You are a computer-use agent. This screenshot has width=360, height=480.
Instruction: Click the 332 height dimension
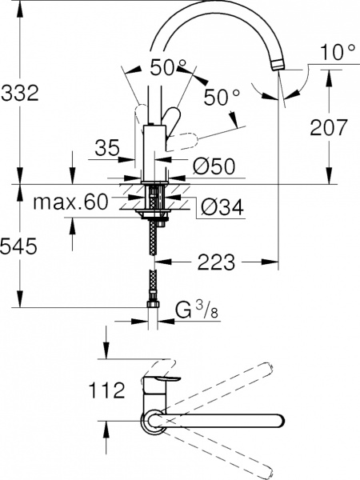pyautogui.click(x=20, y=94)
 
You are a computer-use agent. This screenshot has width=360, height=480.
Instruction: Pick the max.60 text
pyautogui.click(x=70, y=203)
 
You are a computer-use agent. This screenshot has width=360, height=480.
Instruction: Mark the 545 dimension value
pyautogui.click(x=20, y=248)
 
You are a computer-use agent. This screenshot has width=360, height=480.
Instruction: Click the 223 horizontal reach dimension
pyautogui.click(x=218, y=262)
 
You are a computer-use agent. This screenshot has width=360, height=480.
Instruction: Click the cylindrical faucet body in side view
pyautogui.click(x=153, y=152)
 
